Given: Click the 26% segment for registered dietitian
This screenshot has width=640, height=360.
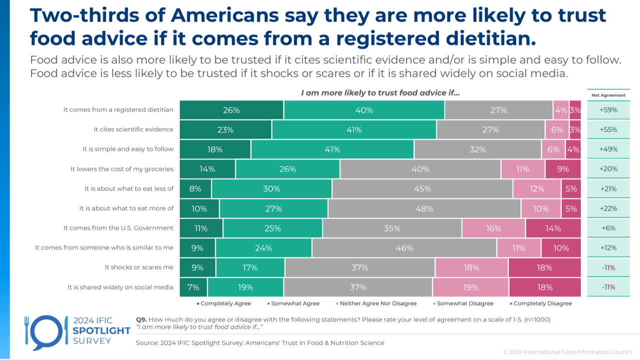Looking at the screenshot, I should (x=231, y=110).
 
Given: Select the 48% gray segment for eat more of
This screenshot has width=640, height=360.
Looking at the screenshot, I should (x=424, y=208).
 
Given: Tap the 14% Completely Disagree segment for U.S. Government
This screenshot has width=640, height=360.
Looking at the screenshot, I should (x=553, y=228).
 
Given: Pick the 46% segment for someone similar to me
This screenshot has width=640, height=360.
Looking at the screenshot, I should (x=404, y=247).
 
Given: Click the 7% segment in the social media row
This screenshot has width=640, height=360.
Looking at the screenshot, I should (x=193, y=287).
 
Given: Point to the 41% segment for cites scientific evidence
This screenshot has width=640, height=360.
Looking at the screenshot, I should (x=354, y=129).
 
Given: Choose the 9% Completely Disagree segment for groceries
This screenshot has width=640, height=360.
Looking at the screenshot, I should (x=563, y=169).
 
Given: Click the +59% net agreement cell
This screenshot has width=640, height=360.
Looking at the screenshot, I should (x=608, y=110).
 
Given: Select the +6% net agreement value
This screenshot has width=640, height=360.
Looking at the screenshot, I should (x=608, y=228).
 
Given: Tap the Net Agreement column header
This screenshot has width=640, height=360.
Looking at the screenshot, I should (x=608, y=94).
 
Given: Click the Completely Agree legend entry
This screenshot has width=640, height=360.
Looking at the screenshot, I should (x=223, y=303).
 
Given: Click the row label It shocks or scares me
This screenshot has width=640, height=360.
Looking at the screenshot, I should (x=139, y=267).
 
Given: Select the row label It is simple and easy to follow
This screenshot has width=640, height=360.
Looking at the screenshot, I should (x=128, y=149).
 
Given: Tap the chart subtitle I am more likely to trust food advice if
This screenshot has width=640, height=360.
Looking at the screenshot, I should (x=380, y=93).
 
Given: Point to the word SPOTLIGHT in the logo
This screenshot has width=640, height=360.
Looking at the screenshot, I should (x=94, y=330).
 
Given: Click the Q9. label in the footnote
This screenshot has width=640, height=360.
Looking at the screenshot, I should (x=141, y=319).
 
